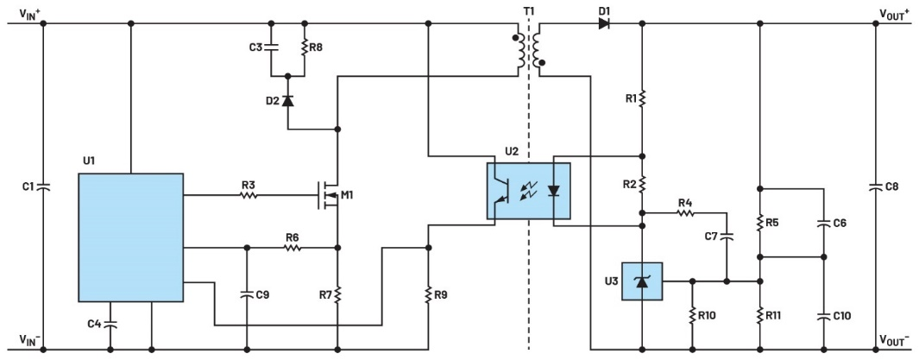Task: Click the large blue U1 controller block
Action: (130, 237)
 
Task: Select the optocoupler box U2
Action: (527, 191)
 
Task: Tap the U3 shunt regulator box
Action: (642, 281)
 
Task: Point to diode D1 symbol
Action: (604, 23)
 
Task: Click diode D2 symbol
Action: (287, 101)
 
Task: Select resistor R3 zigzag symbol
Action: (248, 195)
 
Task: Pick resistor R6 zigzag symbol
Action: (292, 248)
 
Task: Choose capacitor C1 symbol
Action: (43, 186)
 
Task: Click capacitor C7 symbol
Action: (727, 235)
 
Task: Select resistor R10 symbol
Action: (691, 315)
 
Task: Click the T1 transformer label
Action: (528, 9)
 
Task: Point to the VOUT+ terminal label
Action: (894, 11)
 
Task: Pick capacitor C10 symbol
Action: (823, 315)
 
